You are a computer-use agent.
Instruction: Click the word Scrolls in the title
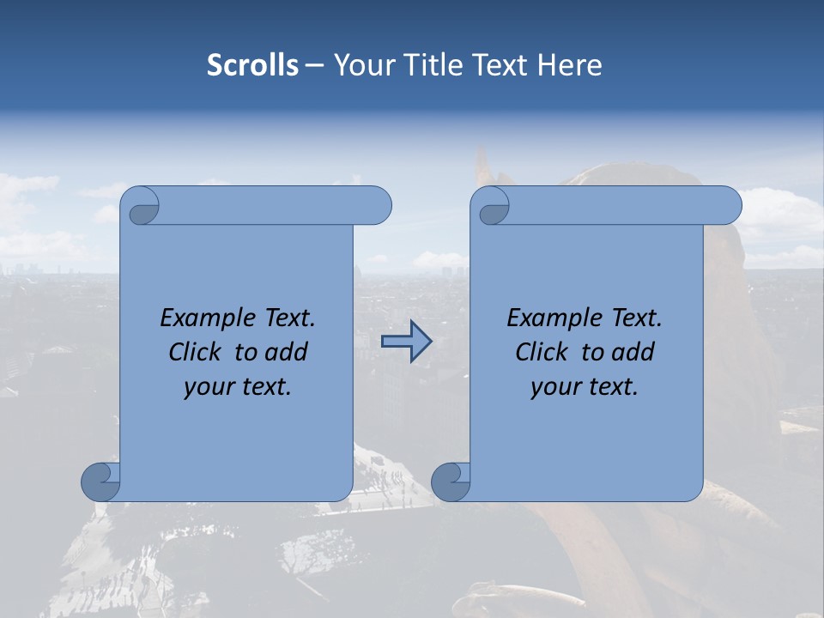coord(253,65)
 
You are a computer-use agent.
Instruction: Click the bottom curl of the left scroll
coord(100,482)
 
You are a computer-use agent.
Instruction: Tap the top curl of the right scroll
coord(491,207)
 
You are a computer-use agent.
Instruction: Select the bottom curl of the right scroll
coord(450,482)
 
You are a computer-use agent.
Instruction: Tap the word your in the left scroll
coord(207,387)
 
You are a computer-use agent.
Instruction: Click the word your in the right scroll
coord(554,387)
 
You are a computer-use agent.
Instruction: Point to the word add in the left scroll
coord(287,352)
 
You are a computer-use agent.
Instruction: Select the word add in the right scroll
coord(633,352)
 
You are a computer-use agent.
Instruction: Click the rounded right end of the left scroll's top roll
coord(379,206)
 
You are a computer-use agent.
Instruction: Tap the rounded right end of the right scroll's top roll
coord(729,206)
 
